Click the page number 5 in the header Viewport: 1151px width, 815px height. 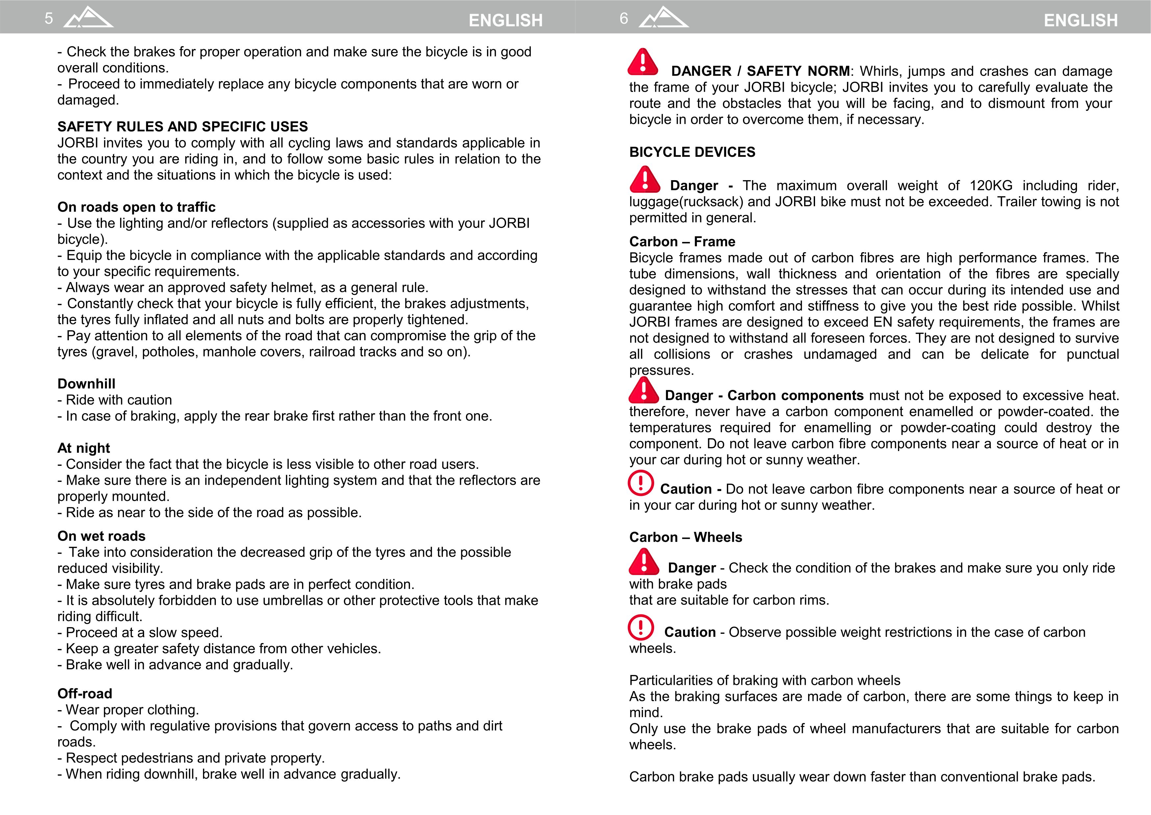49,18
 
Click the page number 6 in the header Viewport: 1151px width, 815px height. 624,18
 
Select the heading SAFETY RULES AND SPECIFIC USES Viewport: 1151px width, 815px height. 182,127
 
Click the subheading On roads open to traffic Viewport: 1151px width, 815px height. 136,207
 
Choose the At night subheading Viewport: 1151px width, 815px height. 83,448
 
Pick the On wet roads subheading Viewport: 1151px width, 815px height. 101,536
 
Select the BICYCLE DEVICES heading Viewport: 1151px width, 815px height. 692,152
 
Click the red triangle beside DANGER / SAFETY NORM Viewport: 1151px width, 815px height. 643,62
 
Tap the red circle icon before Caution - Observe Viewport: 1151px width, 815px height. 641,627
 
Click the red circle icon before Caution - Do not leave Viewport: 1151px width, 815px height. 641,483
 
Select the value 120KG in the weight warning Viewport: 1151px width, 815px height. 991,186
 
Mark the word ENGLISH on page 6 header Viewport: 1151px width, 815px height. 1081,21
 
